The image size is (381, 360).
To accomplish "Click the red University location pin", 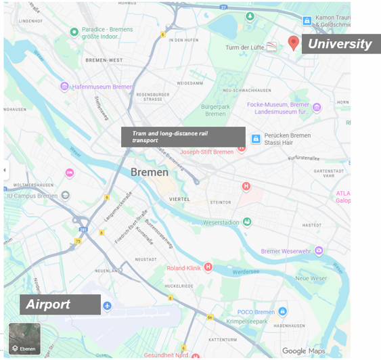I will tap(293, 43).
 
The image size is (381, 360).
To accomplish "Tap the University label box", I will tap(339, 45).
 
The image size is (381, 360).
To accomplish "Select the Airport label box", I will tap(60, 305).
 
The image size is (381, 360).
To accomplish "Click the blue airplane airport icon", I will tap(107, 307).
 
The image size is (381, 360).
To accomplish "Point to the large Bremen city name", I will tap(150, 173).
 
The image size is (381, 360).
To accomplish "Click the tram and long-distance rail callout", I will tap(183, 137).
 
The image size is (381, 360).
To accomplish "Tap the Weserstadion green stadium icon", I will tap(247, 222).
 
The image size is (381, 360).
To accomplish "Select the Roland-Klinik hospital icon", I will tap(208, 267).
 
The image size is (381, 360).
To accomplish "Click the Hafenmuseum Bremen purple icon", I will tap(64, 87).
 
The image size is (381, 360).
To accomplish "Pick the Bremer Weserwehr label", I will tap(288, 251).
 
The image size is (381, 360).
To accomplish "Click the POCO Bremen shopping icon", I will tap(283, 311).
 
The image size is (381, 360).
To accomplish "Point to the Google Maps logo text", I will tap(303, 351).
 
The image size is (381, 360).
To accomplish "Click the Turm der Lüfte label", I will tap(244, 47).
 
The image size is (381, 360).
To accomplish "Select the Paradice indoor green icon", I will tap(74, 31).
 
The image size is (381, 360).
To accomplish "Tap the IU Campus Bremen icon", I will tap(65, 196).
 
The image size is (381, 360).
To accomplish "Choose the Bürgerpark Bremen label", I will tap(215, 110).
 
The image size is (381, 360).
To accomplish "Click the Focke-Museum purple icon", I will tap(316, 107).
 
